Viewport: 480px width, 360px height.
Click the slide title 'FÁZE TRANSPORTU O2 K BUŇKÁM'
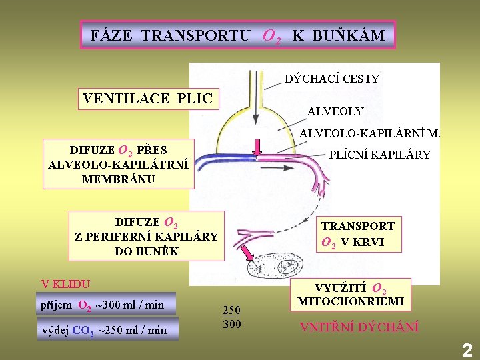point(238,35)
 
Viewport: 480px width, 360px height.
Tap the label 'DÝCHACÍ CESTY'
point(331,79)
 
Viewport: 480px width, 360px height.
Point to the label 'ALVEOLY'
point(335,111)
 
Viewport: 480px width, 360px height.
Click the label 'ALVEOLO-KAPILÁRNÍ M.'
point(369,134)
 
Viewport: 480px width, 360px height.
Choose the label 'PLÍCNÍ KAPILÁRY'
point(379,155)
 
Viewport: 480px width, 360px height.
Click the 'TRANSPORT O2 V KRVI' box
point(358,234)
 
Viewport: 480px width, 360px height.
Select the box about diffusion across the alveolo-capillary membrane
point(118,164)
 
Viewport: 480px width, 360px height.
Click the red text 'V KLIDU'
point(65,283)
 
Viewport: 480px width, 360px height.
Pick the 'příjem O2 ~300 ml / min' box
point(107,305)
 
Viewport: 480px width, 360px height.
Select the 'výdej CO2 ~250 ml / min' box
point(111,329)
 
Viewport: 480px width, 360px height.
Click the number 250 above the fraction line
point(231,310)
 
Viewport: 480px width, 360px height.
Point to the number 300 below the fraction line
point(231,324)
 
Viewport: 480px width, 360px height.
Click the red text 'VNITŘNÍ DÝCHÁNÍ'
point(359,327)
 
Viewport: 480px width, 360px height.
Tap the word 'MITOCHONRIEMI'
point(350,302)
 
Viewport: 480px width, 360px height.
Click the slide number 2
point(467,350)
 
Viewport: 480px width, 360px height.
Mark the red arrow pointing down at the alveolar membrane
point(257,145)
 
